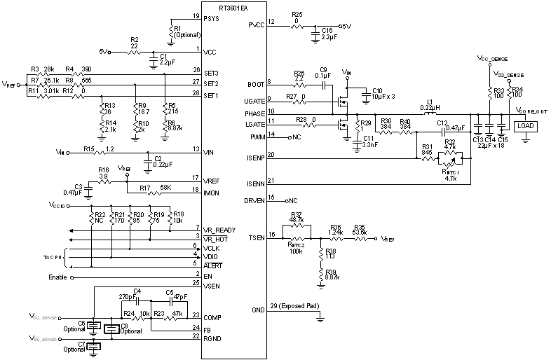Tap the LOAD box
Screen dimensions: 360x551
coord(526,126)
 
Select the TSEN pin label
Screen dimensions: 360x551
coord(257,238)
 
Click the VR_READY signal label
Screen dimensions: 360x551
coord(219,230)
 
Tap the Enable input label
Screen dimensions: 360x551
coord(58,277)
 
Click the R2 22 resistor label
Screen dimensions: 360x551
coord(135,43)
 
